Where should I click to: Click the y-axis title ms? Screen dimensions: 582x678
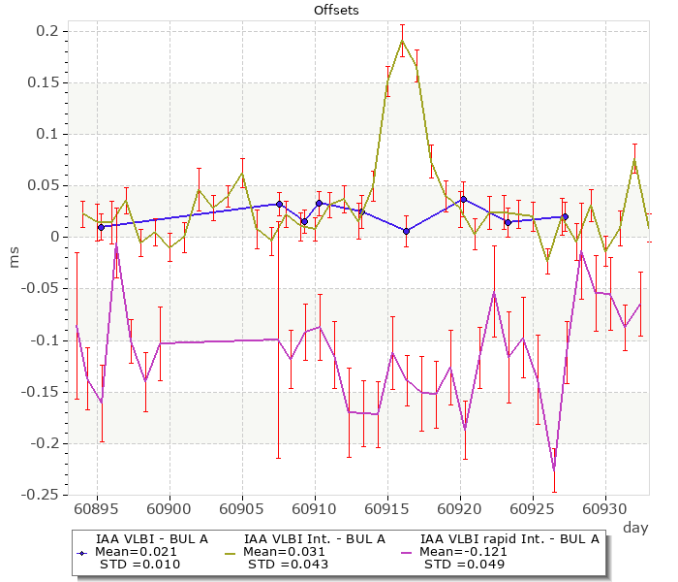(14, 257)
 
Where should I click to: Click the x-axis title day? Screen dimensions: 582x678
(635, 527)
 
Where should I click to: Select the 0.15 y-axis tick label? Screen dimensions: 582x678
(44, 82)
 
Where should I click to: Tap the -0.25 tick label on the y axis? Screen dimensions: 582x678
(42, 496)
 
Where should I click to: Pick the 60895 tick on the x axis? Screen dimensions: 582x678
(97, 508)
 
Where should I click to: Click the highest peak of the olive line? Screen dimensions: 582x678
(402, 40)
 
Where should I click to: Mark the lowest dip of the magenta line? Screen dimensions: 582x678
(554, 470)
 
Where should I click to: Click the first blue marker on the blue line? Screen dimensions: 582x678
(101, 227)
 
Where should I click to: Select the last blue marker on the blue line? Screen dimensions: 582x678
(565, 217)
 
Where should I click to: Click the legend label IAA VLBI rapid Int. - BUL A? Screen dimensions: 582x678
(509, 538)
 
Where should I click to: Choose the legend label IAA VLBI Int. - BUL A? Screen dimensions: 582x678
(315, 538)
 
